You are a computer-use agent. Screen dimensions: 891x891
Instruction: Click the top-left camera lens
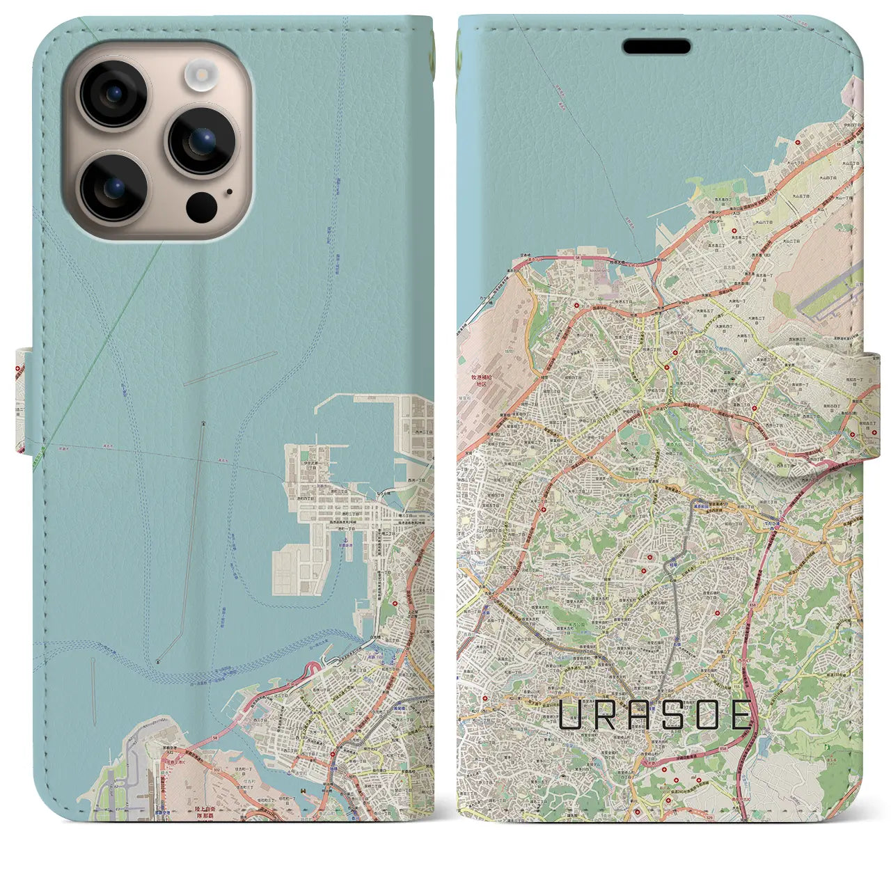click(x=112, y=94)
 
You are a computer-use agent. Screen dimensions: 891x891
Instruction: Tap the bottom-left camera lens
click(x=112, y=187)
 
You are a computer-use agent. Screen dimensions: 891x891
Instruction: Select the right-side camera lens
click(x=201, y=141)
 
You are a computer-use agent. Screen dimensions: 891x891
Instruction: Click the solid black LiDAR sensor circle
click(x=202, y=207)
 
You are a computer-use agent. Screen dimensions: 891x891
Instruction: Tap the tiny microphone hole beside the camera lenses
click(x=230, y=191)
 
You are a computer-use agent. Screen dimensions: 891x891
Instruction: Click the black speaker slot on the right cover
click(x=656, y=47)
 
